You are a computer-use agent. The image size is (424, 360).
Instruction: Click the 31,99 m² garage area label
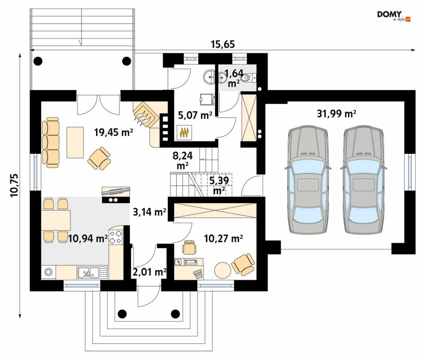pos(336,113)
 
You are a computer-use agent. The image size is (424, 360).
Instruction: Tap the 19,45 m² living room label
pos(113,132)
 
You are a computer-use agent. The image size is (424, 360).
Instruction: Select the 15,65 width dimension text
pos(223,44)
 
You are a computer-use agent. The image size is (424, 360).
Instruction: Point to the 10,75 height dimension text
pos(14,185)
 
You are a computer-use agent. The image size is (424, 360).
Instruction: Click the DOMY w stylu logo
pos(394,16)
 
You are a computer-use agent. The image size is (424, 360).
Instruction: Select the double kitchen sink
pos(93,272)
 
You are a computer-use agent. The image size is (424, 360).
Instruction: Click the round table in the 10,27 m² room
pos(222,270)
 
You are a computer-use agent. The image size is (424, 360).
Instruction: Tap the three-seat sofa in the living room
pos(51,142)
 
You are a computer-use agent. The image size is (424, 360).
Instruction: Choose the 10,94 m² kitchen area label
pos(88,238)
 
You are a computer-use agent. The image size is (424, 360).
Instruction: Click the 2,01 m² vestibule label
pos(149,272)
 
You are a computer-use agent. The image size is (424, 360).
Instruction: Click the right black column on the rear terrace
pos(126,61)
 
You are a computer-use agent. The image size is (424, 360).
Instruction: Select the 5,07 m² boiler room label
pos(195,115)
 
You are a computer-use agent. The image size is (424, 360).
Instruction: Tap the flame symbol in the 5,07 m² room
pos(185,133)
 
